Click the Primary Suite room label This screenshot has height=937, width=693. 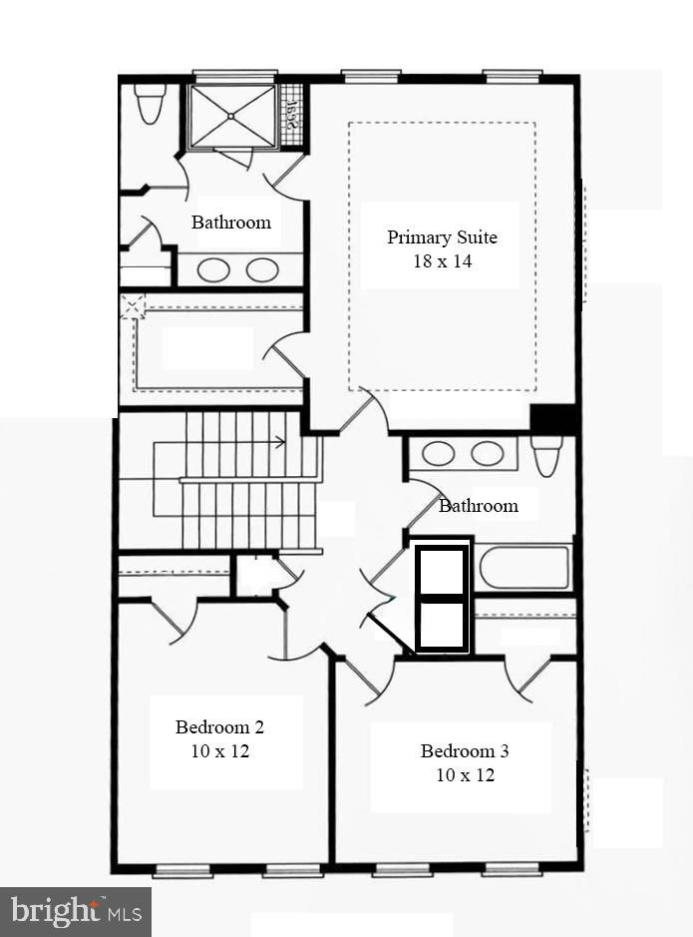tap(442, 237)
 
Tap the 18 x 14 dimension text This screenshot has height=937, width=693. tap(442, 261)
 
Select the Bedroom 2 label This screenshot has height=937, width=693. tap(219, 726)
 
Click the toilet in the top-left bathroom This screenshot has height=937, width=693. tap(150, 104)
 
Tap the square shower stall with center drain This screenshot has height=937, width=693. tap(231, 116)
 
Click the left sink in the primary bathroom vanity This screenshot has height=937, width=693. tap(213, 269)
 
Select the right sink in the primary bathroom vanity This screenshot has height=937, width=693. tap(262, 269)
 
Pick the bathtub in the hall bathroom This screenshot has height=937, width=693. tap(524, 567)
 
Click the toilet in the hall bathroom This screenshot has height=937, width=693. tap(546, 455)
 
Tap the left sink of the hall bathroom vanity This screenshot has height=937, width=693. tap(439, 453)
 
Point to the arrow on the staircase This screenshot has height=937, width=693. tap(279, 441)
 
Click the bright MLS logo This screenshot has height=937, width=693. tap(76, 911)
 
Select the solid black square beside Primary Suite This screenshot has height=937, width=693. tap(552, 418)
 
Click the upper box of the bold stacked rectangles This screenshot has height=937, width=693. tap(441, 571)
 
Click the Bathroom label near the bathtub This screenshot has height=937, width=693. tap(479, 506)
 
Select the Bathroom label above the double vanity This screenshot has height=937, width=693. tap(231, 222)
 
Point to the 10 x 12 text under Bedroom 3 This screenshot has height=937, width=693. tap(465, 774)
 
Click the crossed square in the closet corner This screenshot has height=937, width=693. tap(132, 306)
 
